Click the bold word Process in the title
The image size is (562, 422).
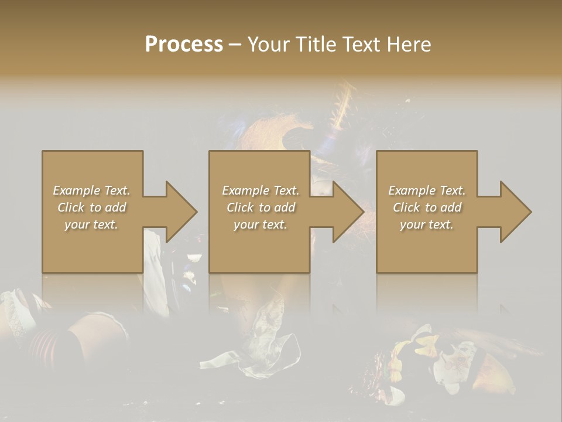click(184, 45)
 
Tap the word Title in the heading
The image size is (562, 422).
click(316, 45)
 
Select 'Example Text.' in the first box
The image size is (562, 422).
click(91, 190)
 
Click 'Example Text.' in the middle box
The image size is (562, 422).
click(260, 190)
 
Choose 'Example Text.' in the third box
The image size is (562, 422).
click(427, 190)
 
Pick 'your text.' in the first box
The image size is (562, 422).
click(91, 224)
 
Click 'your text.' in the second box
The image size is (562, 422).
click(260, 224)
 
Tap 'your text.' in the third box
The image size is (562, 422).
click(427, 224)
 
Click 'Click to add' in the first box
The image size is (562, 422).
click(91, 207)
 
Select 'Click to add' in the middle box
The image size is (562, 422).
click(260, 207)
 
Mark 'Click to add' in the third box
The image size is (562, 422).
click(427, 207)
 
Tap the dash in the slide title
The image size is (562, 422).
click(235, 45)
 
